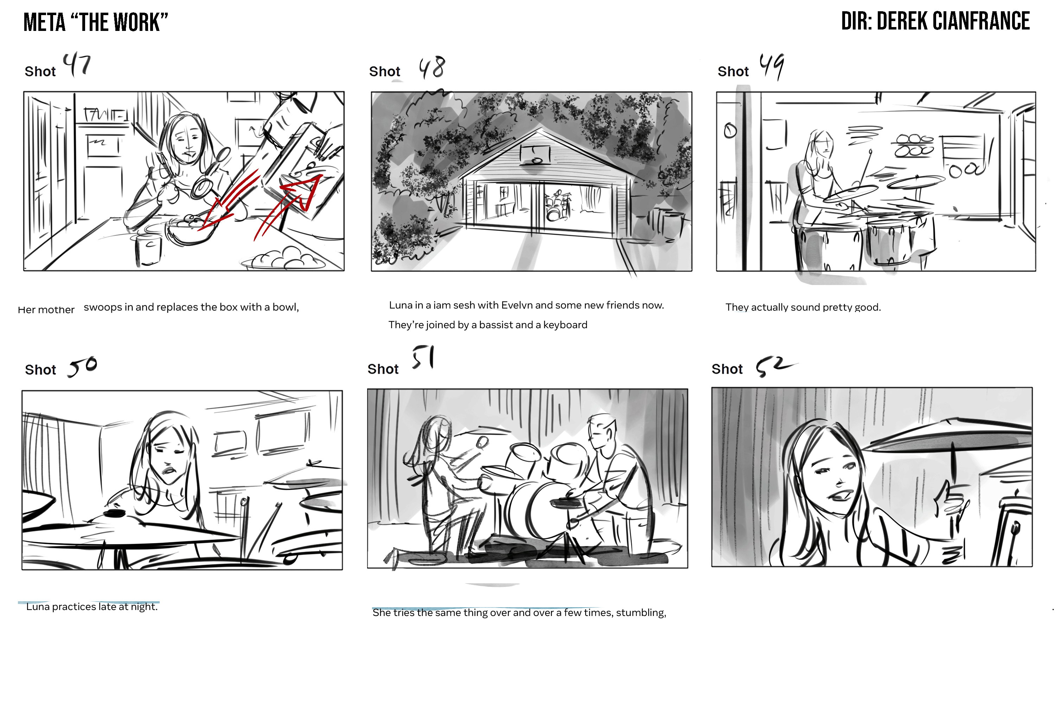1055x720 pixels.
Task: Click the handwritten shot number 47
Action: pyautogui.click(x=77, y=65)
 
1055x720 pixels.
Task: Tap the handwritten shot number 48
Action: pyautogui.click(x=432, y=68)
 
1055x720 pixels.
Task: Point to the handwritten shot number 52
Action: pyautogui.click(x=775, y=367)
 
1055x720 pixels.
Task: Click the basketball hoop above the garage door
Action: pyautogui.click(x=535, y=155)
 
